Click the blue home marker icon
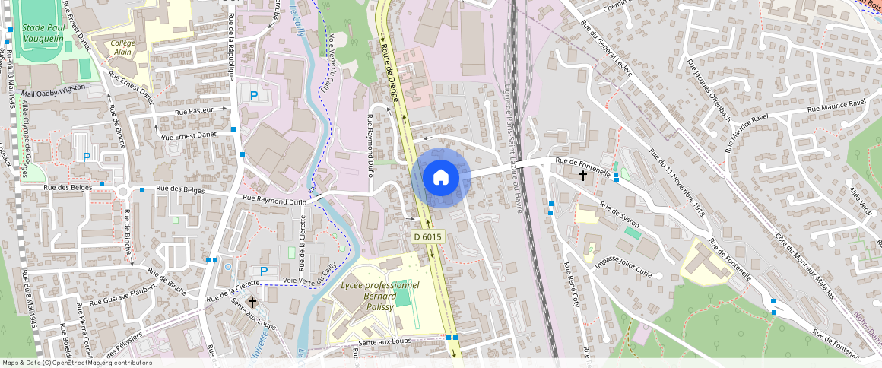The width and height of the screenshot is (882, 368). click(439, 177)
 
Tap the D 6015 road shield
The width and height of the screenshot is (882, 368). click(427, 237)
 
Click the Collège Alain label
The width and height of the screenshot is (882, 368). click(122, 48)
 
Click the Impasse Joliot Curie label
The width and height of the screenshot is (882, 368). click(623, 266)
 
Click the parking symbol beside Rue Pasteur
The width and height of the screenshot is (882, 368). click(254, 96)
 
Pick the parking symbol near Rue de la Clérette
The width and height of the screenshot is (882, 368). click(264, 271)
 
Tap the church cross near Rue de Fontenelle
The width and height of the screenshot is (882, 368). click(583, 176)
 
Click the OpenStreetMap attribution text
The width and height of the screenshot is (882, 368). click(76, 363)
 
